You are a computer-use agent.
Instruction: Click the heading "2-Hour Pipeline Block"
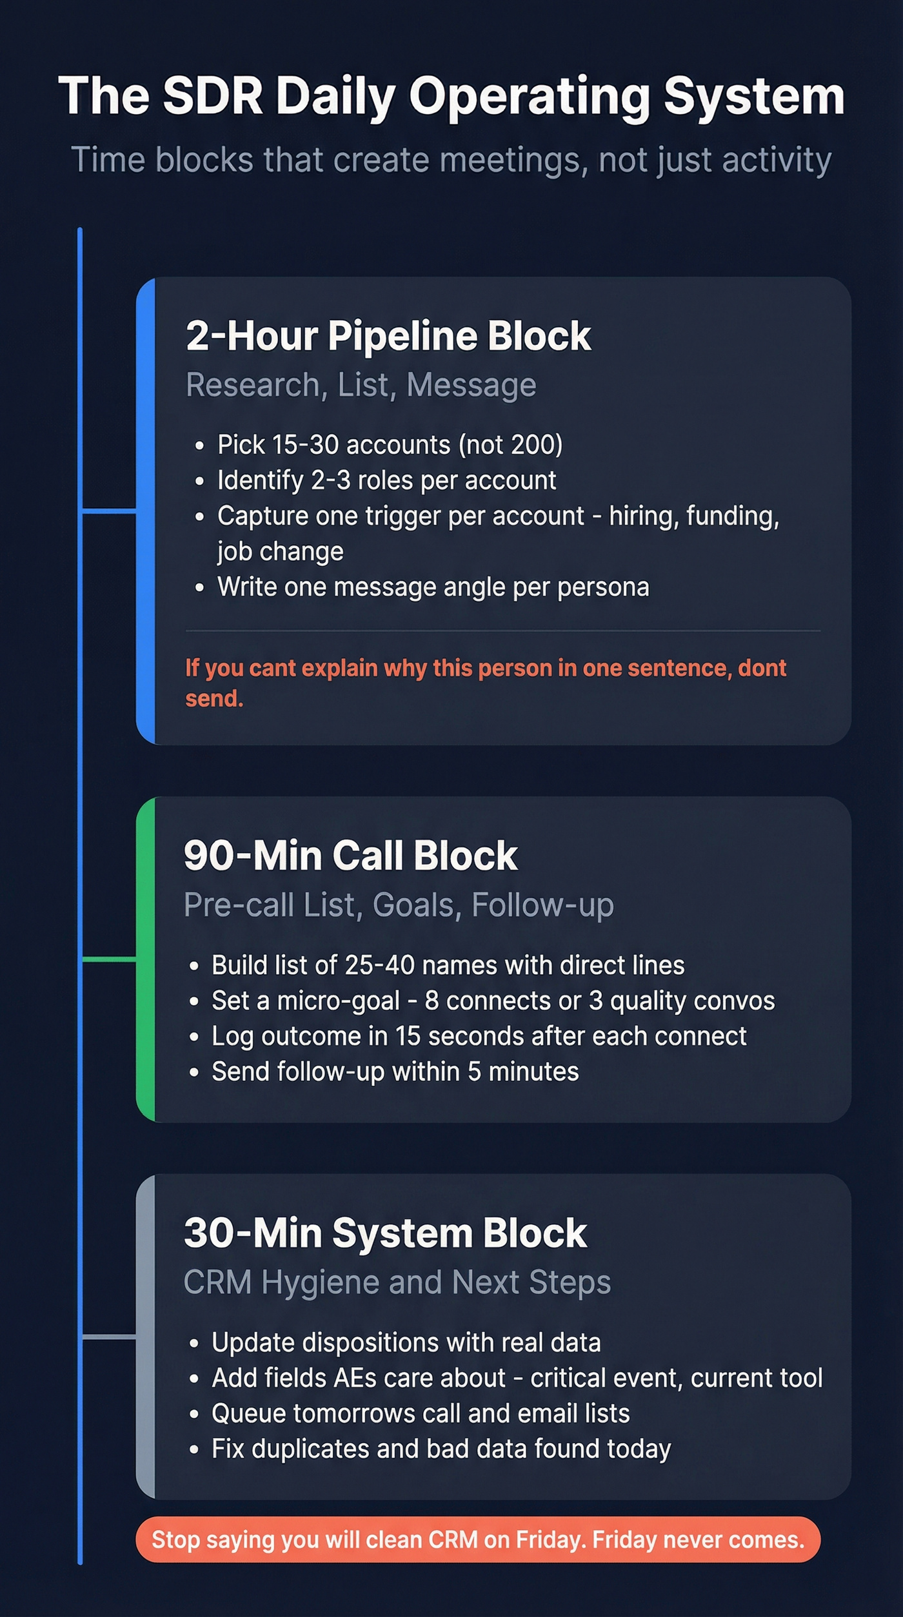388,336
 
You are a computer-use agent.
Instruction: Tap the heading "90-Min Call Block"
350,856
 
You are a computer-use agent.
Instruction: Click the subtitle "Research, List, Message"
361,385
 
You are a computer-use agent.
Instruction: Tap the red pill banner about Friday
478,1540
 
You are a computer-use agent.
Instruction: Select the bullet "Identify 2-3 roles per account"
386,480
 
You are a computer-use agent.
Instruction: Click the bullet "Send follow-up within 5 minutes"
395,1072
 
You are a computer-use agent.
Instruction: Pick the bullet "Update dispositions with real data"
406,1342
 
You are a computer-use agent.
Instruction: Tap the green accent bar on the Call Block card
146,959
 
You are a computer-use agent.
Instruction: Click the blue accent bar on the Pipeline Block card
146,511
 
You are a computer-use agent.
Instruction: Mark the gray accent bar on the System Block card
146,1337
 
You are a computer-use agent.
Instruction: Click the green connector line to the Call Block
109,959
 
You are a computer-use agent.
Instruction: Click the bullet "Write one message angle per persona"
433,587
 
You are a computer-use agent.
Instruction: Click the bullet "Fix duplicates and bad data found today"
441,1449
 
